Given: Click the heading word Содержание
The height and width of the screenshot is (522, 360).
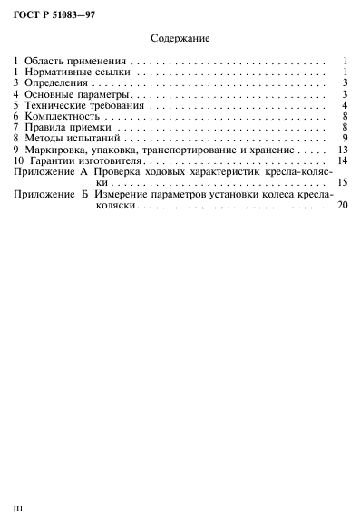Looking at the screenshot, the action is [x=180, y=40].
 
